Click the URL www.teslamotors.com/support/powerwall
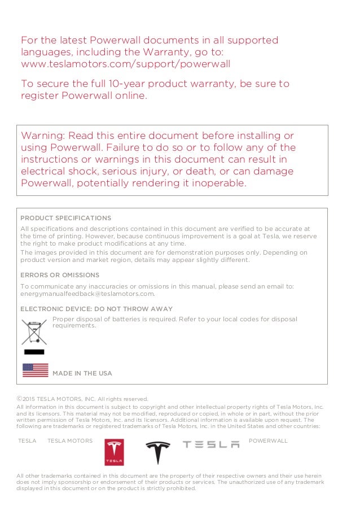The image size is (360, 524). click(125, 64)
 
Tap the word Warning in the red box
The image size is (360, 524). click(42, 136)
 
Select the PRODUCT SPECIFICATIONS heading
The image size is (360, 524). click(65, 218)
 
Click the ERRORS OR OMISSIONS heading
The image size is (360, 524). click(60, 275)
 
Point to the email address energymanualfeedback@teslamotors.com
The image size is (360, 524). click(87, 294)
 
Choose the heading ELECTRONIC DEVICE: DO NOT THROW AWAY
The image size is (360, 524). click(96, 309)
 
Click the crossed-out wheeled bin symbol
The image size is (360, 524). click(34, 332)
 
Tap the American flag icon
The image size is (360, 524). click(35, 370)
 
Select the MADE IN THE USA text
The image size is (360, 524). click(82, 373)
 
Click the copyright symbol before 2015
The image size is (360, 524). click(20, 398)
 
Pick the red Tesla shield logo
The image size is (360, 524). click(114, 452)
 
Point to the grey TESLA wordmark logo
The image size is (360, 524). click(211, 445)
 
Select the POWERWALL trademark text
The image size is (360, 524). click(268, 440)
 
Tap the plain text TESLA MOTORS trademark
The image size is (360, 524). click(70, 440)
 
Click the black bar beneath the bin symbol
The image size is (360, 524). click(34, 352)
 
